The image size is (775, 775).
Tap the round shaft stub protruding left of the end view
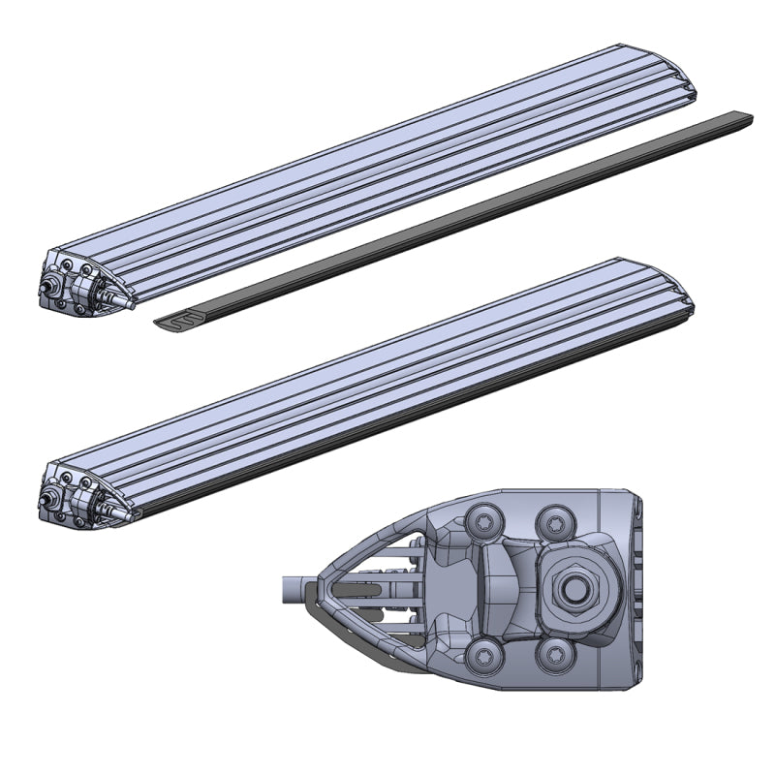coord(293,586)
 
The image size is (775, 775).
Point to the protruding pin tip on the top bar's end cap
coord(124,304)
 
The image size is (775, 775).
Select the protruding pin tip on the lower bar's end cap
coord(124,517)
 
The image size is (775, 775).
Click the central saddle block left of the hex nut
coord(504,585)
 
